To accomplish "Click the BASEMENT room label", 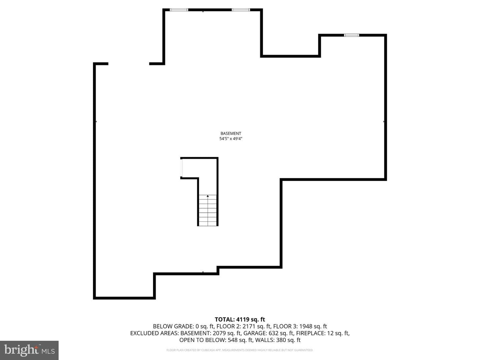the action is point(231,133).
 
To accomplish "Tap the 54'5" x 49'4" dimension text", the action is point(231,139).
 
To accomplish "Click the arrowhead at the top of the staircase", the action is point(208,196).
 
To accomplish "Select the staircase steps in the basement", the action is point(208,210).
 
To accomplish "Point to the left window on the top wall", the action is point(179,10).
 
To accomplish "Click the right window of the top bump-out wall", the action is point(241,10).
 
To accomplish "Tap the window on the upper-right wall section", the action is point(351,35).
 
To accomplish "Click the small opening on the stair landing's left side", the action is point(181,168).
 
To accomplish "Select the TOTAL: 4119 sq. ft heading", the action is point(240,319).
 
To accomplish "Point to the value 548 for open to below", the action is point(232,340).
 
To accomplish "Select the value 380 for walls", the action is point(281,340).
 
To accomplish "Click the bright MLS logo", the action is point(29,350).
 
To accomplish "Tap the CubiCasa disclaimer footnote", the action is point(240,350).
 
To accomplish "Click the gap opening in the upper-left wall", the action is point(129,64).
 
